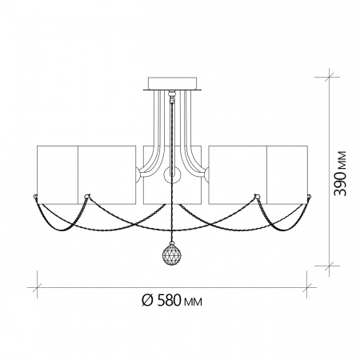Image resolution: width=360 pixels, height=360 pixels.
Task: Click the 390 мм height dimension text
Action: point(341,174)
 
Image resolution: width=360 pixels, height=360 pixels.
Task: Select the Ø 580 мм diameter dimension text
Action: point(172,301)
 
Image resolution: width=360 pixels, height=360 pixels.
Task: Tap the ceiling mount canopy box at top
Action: point(173,83)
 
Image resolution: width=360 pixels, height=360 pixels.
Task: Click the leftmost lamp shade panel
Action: point(58,174)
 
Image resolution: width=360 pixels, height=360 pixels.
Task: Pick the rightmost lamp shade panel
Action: point(287,174)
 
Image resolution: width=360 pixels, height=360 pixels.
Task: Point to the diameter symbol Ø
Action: point(147,301)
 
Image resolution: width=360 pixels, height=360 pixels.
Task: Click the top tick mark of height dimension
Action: point(329,77)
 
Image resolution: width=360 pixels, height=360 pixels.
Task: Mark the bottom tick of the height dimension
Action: point(329,266)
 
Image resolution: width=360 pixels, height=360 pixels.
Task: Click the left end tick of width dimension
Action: point(37,287)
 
